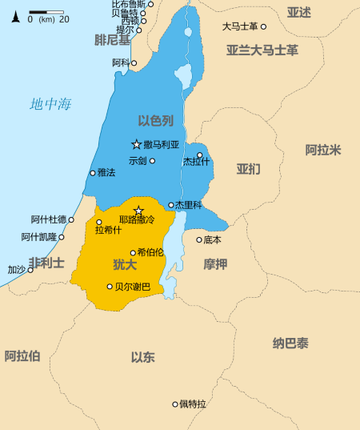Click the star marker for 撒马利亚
[x=136, y=144]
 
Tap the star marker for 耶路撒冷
[x=138, y=211]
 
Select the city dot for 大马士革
[x=263, y=26]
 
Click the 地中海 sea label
[x=50, y=103]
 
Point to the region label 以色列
[x=155, y=121]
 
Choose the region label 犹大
[x=124, y=264]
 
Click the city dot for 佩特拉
[x=175, y=404]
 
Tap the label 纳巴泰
[x=290, y=344]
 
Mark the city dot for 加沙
[x=30, y=270]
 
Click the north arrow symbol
[x=15, y=17]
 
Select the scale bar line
[x=46, y=12]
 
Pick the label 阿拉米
[x=323, y=150]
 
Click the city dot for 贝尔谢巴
[x=110, y=286]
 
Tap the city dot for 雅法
[x=93, y=172]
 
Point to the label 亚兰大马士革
[x=262, y=50]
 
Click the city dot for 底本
[x=199, y=239]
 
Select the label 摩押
[x=215, y=264]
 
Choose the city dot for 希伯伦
[x=133, y=252]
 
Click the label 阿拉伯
[x=22, y=356]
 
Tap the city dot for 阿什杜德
[x=71, y=219]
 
